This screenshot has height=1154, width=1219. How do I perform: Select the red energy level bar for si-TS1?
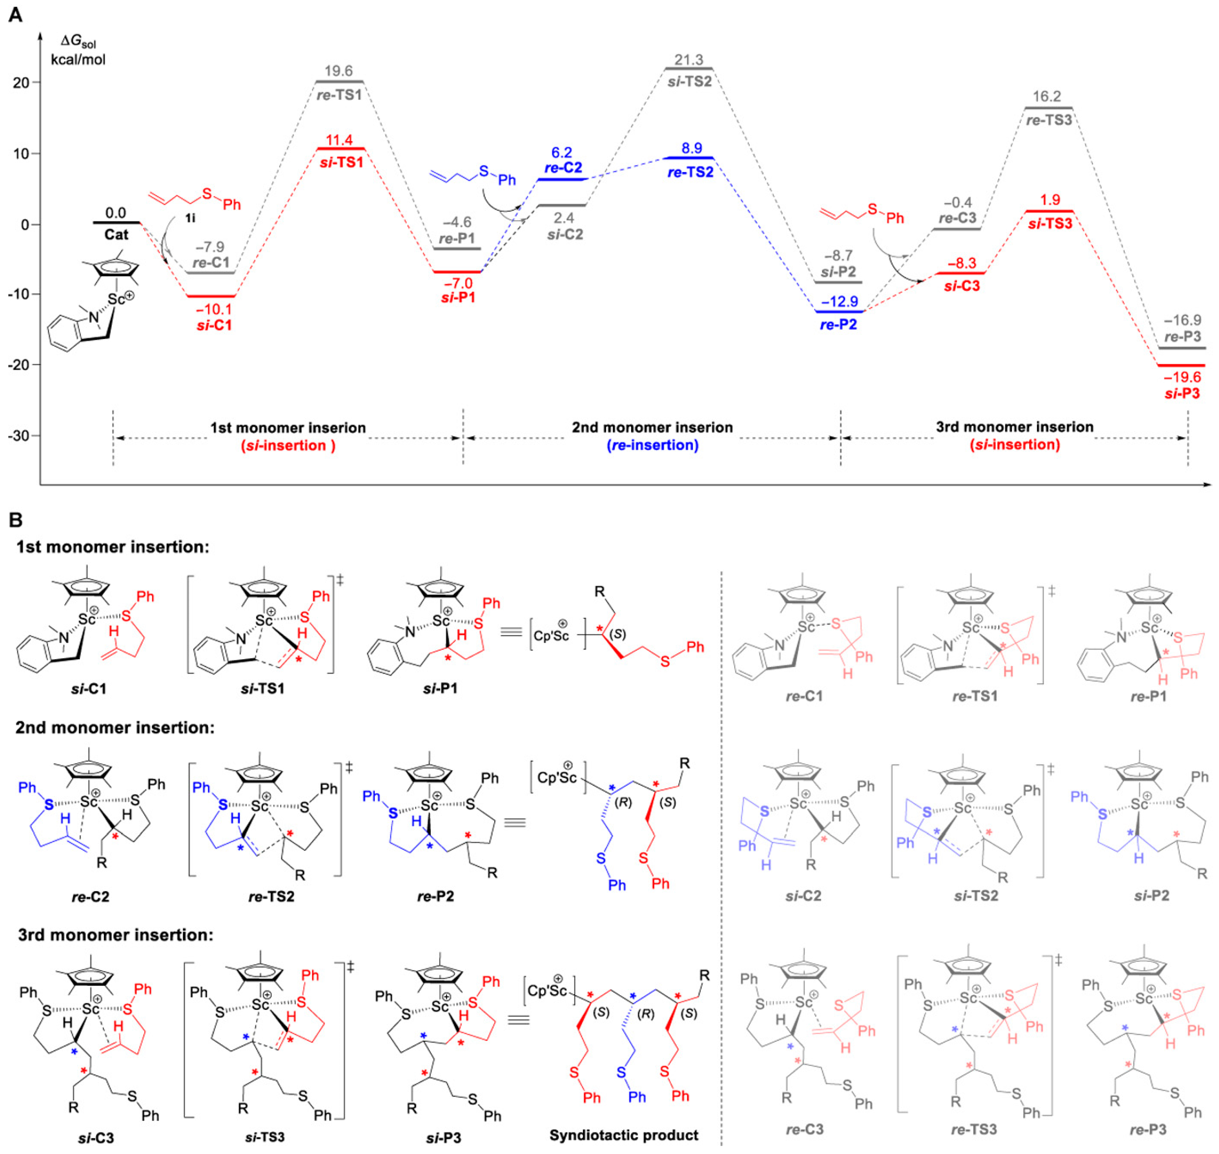click(340, 148)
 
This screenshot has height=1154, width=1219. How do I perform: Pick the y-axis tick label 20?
click(22, 83)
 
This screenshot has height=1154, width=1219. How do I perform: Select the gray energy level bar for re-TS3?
click(1049, 108)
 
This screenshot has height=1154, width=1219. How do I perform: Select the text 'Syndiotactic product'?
click(623, 1135)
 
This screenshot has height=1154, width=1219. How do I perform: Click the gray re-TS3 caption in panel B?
click(975, 1129)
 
